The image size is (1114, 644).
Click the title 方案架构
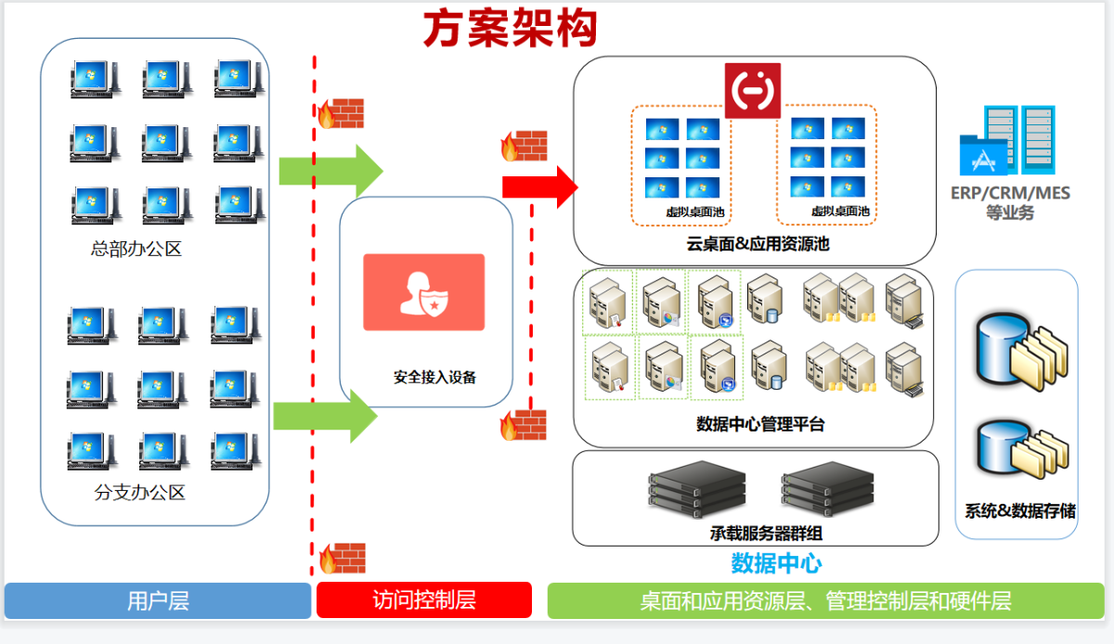point(510,29)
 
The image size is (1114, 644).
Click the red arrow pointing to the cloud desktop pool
point(539,187)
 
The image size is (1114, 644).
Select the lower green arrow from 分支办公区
point(326,416)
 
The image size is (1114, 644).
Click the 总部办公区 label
point(136,249)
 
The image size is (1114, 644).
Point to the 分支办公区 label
point(140,493)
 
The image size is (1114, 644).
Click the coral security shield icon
point(423,292)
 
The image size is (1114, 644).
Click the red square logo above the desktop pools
point(753,90)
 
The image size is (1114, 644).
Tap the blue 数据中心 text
point(776,562)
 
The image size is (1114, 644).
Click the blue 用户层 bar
point(158,600)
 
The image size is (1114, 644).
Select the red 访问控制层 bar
point(424,600)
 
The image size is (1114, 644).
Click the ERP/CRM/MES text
point(1010,194)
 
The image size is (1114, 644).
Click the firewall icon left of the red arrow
point(524,146)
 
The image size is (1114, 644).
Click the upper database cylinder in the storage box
point(1001,346)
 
